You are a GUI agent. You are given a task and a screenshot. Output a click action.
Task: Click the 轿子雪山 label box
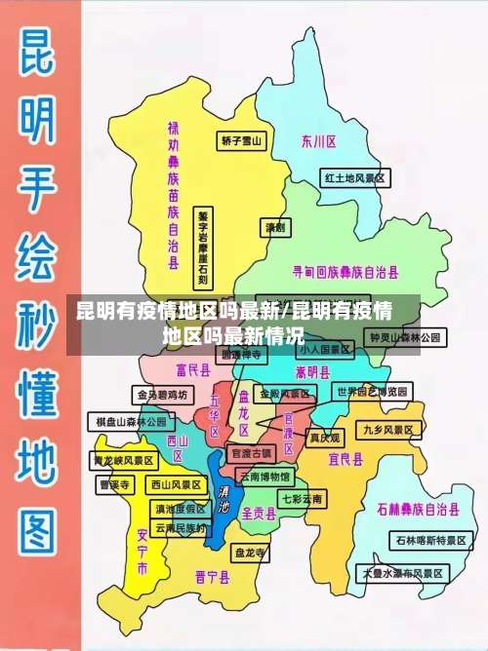(242, 140)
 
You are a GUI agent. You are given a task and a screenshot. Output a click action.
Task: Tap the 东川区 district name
(319, 141)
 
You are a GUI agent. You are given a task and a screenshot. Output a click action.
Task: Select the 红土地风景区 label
(356, 178)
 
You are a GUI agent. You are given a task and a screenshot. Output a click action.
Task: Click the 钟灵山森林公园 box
(405, 337)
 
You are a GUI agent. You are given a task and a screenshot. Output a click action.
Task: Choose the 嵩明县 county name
(313, 371)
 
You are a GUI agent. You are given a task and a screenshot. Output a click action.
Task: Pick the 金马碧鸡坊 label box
(161, 395)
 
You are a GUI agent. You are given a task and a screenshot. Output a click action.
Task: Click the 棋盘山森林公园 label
(131, 422)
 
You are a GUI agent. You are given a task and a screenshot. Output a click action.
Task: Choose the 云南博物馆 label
(264, 477)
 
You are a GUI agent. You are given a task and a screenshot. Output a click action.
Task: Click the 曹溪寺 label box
(114, 483)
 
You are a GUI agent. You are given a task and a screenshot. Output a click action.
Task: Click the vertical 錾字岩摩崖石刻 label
(203, 249)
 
